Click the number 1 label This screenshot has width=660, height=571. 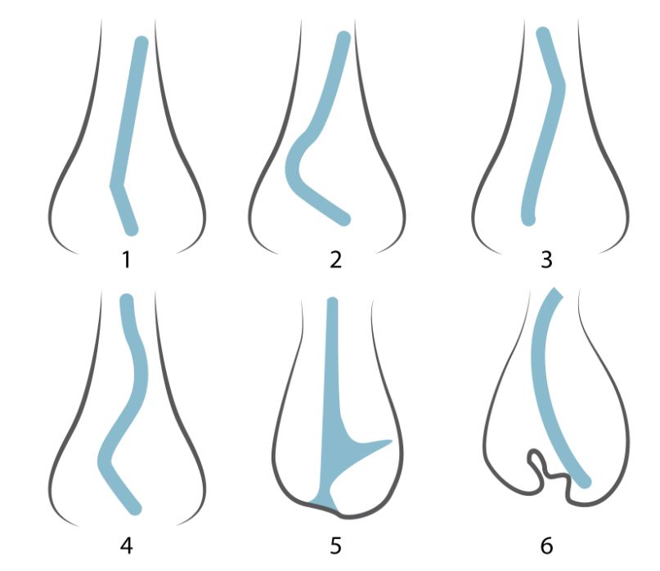pos(126,259)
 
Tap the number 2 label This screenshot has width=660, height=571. pos(335,259)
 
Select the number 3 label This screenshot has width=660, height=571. pos(546,259)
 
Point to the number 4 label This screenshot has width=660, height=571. pos(126,546)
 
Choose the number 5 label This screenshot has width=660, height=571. pos(335,546)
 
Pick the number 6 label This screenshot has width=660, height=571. pos(546,546)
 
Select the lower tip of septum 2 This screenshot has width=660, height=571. pos(344,219)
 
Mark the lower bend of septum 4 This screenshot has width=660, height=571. pos(106,461)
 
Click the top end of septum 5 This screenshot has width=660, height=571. pos(333,302)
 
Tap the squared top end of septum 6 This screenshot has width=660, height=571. pos(555,293)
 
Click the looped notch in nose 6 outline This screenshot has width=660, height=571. pos(536,461)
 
